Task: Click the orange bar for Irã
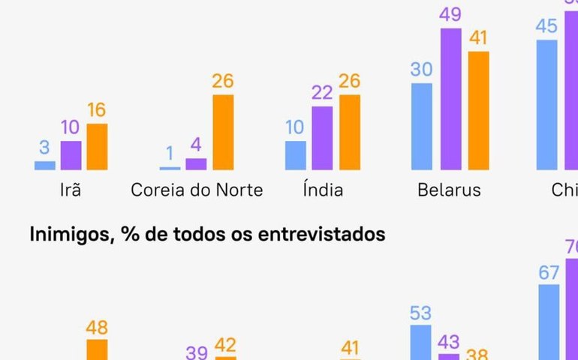(97, 147)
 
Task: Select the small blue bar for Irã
(45, 165)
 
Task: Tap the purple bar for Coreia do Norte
(196, 164)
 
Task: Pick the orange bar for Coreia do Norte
(222, 133)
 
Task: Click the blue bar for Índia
(296, 155)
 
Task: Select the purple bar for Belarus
(451, 99)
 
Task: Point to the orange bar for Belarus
(478, 111)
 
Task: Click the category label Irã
(70, 190)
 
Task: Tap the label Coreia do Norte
(197, 190)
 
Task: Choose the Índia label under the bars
(323, 190)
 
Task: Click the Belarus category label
(449, 190)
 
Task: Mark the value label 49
(451, 15)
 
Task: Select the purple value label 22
(322, 94)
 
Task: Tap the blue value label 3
(45, 148)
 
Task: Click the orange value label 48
(97, 327)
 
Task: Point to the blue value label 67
(549, 272)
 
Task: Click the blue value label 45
(546, 26)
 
